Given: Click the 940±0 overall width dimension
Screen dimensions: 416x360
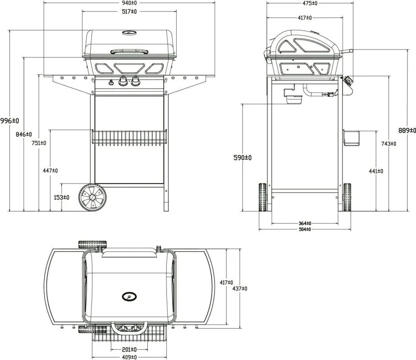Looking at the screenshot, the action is pyautogui.click(x=130, y=3).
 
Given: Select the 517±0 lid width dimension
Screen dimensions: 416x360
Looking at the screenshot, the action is pyautogui.click(x=130, y=11).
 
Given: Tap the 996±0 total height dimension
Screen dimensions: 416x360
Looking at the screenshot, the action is pyautogui.click(x=10, y=121).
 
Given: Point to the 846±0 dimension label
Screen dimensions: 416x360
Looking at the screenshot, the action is pyautogui.click(x=23, y=134).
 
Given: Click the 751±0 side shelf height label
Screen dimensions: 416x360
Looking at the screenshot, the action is pyautogui.click(x=39, y=143).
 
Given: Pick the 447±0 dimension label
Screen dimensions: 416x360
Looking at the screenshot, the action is pyautogui.click(x=50, y=170).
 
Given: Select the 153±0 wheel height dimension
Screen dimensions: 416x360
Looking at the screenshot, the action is pyautogui.click(x=62, y=198).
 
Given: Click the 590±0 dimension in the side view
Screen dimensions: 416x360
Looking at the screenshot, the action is pyautogui.click(x=243, y=158).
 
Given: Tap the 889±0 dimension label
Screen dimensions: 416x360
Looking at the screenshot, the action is pyautogui.click(x=407, y=130).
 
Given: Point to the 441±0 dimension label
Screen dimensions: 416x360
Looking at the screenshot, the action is pyautogui.click(x=376, y=171).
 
